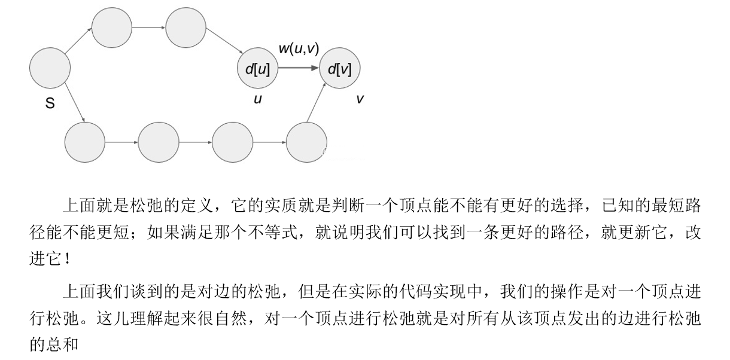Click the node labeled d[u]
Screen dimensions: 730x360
pyautogui.click(x=257, y=68)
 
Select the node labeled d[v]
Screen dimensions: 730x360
pyautogui.click(x=340, y=68)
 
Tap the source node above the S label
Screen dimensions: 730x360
pyautogui.click(x=50, y=68)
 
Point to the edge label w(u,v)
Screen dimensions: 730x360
pyautogui.click(x=299, y=48)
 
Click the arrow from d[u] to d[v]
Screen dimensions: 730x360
pyautogui.click(x=299, y=68)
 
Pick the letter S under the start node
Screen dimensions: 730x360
pyautogui.click(x=50, y=103)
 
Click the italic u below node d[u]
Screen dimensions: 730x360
pyautogui.click(x=257, y=99)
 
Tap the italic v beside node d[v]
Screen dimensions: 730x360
pyautogui.click(x=360, y=99)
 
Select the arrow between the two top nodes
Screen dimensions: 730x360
pyautogui.click(x=148, y=28)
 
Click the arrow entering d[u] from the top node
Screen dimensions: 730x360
pyautogui.click(x=224, y=41)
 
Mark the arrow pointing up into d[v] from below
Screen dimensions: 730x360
pyautogui.click(x=316, y=103)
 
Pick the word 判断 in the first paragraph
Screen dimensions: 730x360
pyautogui.click(x=349, y=206)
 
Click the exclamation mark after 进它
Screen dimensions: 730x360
pyautogui.click(x=68, y=259)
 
